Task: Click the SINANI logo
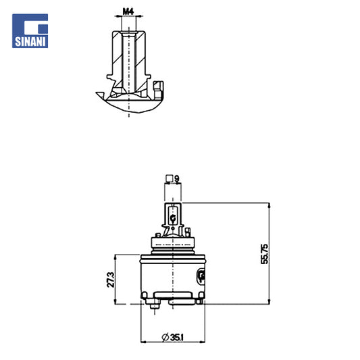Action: click(30, 31)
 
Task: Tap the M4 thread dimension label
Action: click(128, 11)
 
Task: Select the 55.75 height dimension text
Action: click(264, 254)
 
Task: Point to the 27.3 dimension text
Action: click(111, 280)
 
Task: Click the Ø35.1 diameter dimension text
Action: click(172, 338)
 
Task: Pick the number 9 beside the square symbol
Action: click(177, 178)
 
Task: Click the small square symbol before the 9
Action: click(170, 178)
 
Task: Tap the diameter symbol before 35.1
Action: click(165, 338)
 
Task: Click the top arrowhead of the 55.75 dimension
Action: click(269, 205)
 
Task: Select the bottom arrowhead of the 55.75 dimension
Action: click(269, 302)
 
